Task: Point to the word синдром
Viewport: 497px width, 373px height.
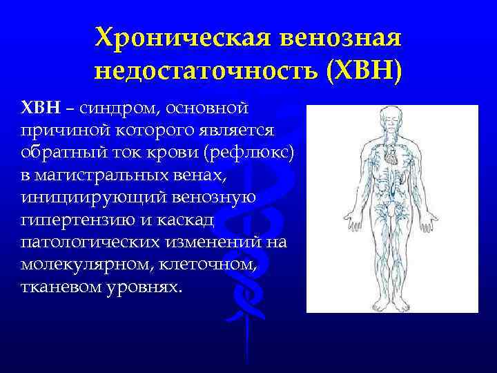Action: [113, 108]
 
